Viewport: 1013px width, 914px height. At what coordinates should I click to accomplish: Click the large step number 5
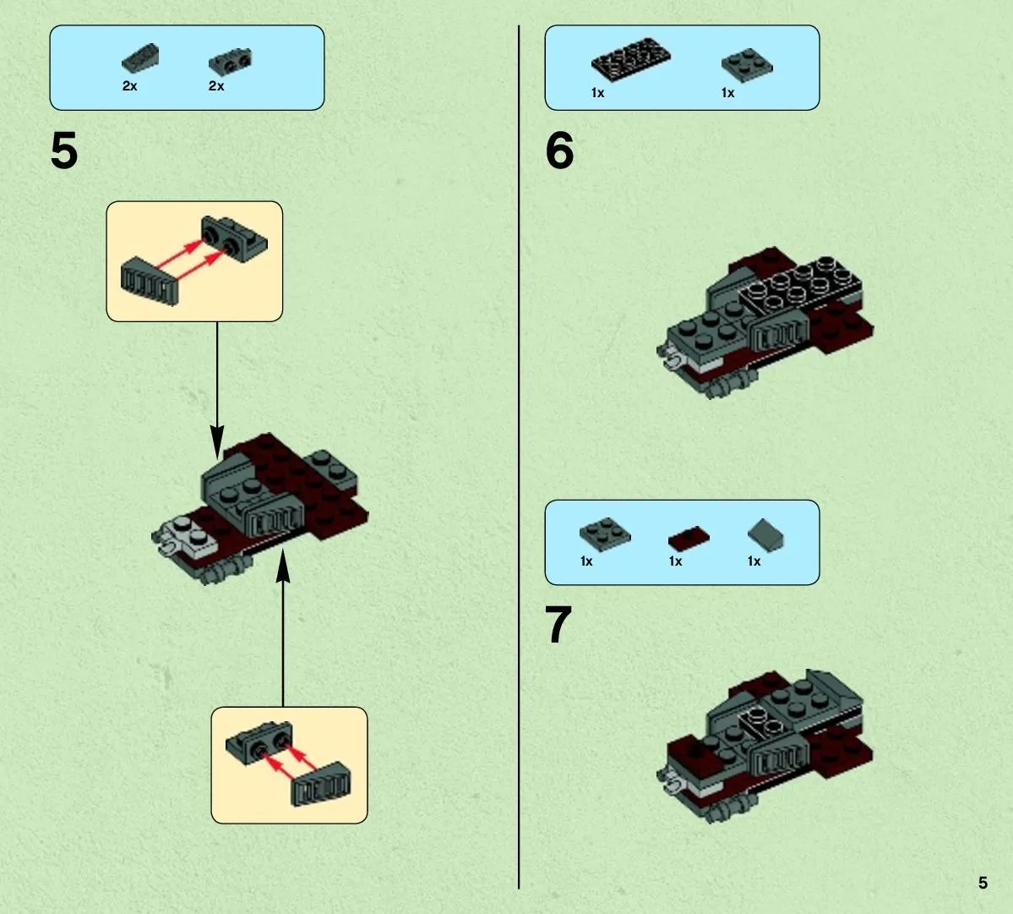(64, 151)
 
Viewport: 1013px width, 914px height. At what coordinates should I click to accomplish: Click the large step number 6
(559, 151)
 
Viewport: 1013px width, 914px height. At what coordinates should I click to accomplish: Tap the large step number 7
(558, 625)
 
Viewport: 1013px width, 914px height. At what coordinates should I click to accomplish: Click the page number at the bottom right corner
(983, 883)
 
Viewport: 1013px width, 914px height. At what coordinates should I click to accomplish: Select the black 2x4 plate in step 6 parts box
(630, 59)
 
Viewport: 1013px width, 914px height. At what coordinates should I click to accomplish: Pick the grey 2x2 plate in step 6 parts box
(747, 65)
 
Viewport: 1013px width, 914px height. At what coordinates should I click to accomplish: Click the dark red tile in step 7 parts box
(689, 539)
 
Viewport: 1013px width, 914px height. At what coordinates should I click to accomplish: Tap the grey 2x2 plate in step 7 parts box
(605, 534)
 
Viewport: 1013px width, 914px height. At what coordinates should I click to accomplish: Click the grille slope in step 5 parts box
(140, 58)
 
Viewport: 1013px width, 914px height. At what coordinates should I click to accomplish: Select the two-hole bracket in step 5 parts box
(230, 62)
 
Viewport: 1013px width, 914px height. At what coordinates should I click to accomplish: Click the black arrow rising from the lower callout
(283, 628)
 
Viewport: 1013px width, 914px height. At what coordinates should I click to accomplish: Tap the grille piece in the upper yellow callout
(150, 282)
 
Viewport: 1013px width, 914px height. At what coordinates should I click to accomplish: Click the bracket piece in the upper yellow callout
(234, 239)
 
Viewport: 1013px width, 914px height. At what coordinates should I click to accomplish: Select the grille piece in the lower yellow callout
(322, 785)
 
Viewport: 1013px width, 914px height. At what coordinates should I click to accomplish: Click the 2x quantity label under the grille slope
(130, 86)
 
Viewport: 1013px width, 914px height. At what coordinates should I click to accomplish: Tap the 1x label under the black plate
(597, 93)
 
